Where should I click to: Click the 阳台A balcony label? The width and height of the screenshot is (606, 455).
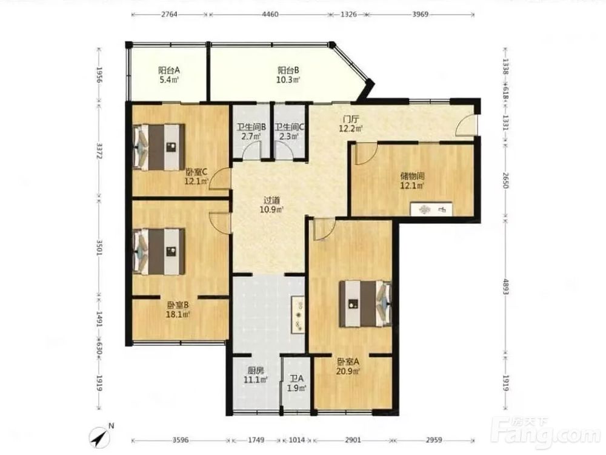(169, 70)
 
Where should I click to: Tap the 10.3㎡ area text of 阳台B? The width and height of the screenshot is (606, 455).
(288, 80)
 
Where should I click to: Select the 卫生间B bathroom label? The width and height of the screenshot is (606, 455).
(251, 127)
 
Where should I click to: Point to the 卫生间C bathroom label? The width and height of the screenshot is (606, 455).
(289, 127)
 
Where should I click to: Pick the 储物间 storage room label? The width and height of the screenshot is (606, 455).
(412, 176)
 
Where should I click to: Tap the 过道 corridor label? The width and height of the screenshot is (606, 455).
(271, 200)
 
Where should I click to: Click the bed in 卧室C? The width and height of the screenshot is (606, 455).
(158, 147)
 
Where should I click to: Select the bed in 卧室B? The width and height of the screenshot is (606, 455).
(158, 252)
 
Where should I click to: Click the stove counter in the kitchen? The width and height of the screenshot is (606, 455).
(298, 314)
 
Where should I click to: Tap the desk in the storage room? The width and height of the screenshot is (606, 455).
(431, 209)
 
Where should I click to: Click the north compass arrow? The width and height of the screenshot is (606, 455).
(100, 437)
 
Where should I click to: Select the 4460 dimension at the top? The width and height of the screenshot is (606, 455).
(270, 15)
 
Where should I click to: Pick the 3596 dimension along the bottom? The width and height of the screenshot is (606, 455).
(181, 440)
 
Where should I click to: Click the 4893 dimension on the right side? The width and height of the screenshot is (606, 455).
(505, 286)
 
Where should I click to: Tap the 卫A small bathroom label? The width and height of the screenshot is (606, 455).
(297, 379)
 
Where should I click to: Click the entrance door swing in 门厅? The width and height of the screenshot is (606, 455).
(465, 125)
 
